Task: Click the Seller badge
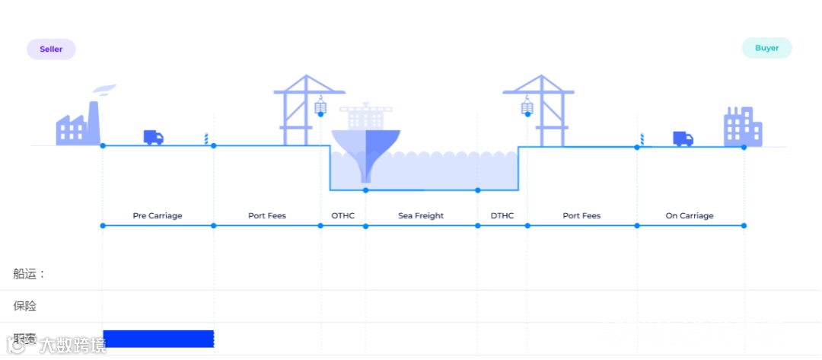point(51,49)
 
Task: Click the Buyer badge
point(766,48)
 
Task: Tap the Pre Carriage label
point(158,216)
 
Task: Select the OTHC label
point(342,216)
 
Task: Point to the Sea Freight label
point(421,216)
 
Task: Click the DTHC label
point(502,216)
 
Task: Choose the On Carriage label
point(690,216)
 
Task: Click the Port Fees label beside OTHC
point(267,216)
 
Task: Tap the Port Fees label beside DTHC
point(581,216)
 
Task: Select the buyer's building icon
point(743,127)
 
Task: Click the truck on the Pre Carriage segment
point(153,138)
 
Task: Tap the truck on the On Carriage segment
point(683,139)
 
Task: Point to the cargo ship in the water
point(366,137)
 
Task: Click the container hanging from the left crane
point(320,107)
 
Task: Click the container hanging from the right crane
point(527,107)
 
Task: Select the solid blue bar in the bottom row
point(158,339)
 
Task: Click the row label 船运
point(29,274)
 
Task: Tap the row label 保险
point(25,306)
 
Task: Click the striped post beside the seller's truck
point(205,139)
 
